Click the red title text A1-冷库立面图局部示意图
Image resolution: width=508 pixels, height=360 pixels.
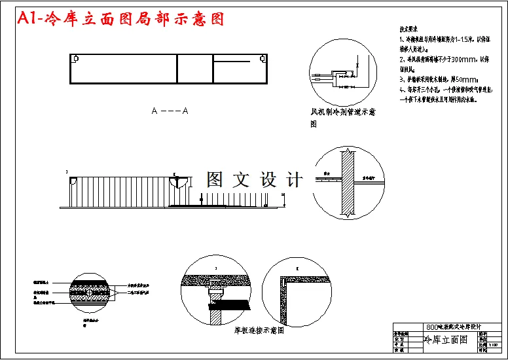[x=121, y=20]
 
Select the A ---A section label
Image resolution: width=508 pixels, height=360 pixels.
[x=170, y=111]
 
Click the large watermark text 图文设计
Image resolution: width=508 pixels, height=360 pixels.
[x=255, y=179]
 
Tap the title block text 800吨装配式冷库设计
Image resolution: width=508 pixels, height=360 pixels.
[x=454, y=327]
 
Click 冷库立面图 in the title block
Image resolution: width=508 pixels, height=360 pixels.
[x=446, y=340]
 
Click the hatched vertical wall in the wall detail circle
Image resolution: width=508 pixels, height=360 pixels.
[x=347, y=182]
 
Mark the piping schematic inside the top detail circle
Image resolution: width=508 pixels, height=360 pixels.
[x=338, y=75]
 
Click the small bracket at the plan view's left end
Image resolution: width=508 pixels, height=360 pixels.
[x=77, y=59]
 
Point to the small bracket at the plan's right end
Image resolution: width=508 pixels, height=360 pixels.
[x=263, y=59]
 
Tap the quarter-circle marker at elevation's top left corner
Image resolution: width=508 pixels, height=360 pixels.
[x=74, y=179]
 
